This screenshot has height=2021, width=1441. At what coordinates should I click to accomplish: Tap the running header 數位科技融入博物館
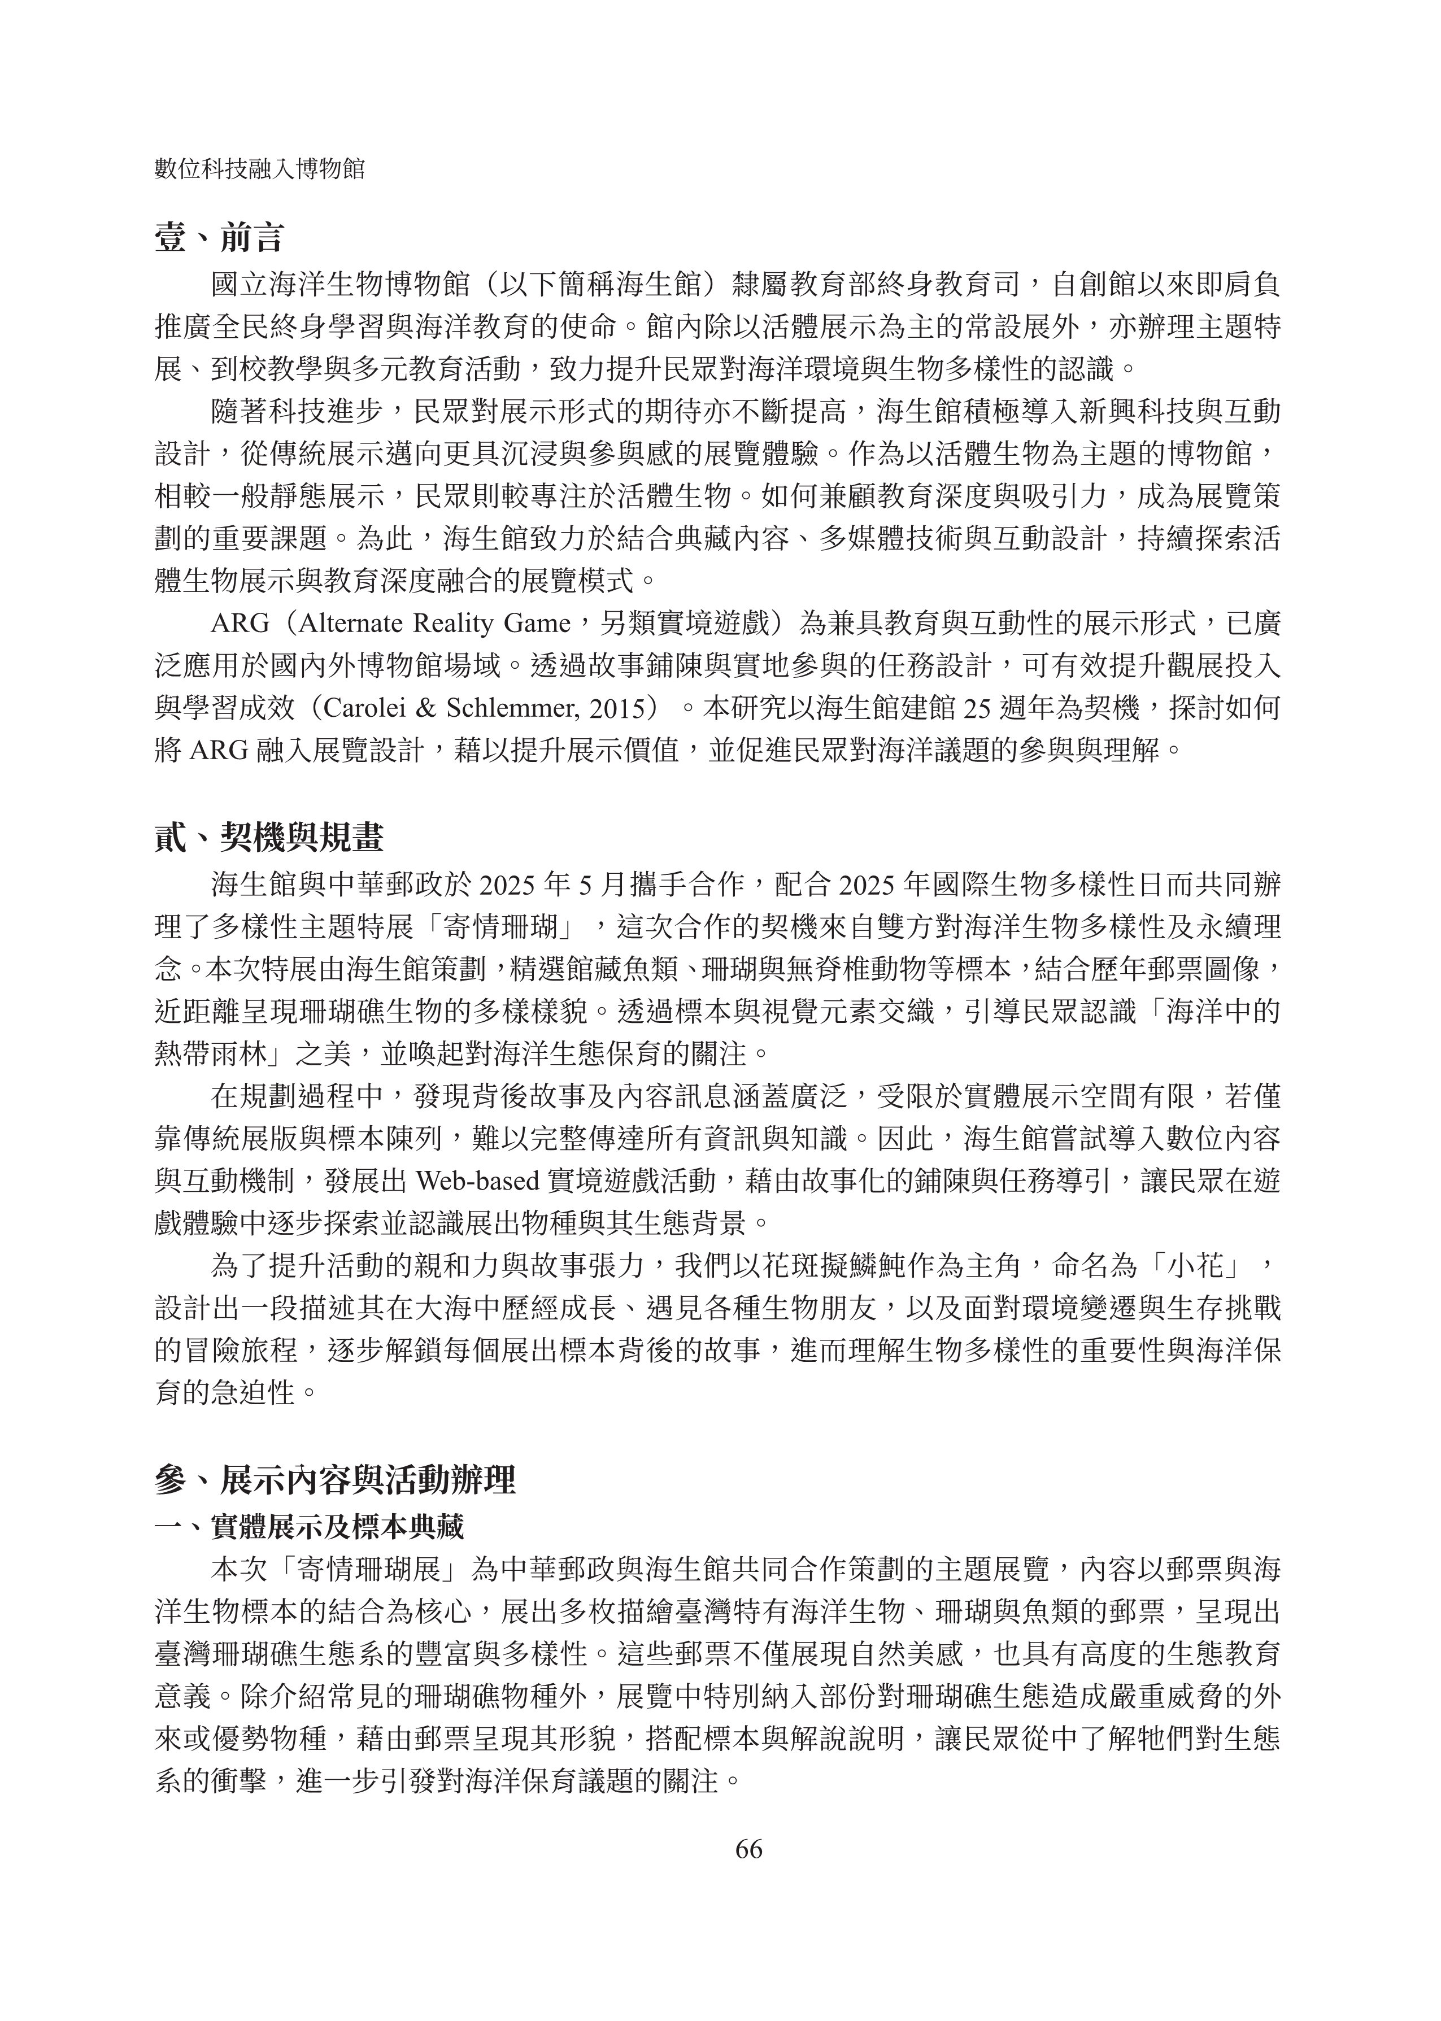(260, 169)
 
